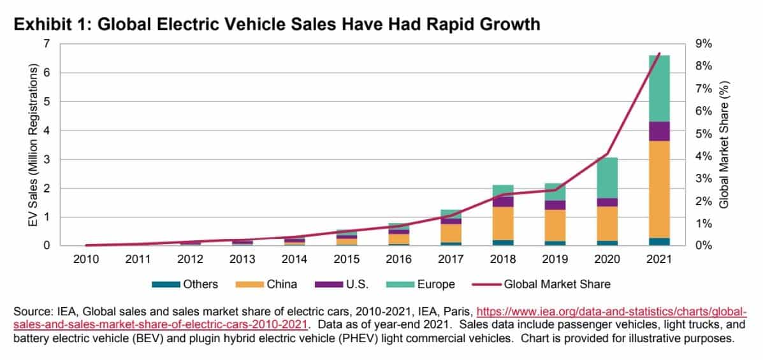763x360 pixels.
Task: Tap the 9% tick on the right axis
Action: [x=703, y=44]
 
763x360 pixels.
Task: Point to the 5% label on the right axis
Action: [x=703, y=134]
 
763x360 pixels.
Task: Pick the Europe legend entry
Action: [x=417, y=285]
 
